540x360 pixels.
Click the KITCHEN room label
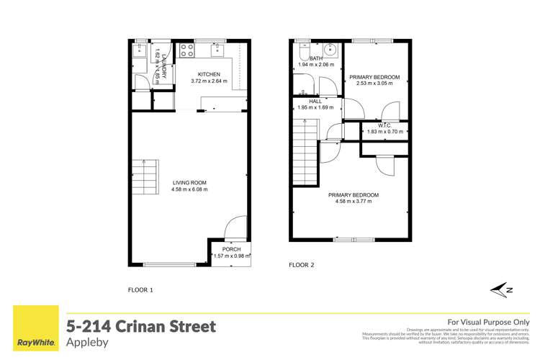209,74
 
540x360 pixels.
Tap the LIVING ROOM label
189,183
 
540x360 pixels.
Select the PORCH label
232,249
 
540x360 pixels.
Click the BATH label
315,59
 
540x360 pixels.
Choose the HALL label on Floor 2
315,102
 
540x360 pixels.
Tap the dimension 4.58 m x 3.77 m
354,202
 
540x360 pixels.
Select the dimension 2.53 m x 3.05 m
374,83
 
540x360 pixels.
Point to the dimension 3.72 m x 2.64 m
209,81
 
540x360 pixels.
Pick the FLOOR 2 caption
302,264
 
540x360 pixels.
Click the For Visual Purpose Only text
489,322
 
